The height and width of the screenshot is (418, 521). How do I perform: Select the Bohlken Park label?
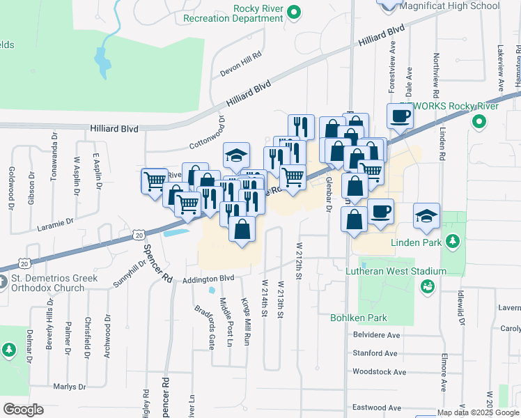point(358,318)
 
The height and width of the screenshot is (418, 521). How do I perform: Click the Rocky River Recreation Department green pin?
point(294,11)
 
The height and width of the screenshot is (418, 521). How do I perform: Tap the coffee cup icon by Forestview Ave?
point(401,116)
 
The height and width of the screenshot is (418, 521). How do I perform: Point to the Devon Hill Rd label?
point(240,54)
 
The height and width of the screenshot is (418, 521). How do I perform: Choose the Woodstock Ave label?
point(380,371)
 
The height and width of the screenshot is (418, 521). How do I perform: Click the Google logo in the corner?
point(23,410)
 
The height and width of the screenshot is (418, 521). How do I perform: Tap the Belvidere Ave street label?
point(376,334)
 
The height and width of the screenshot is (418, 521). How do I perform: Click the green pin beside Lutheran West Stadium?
point(428,286)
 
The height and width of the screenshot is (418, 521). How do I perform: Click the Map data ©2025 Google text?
point(477,412)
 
